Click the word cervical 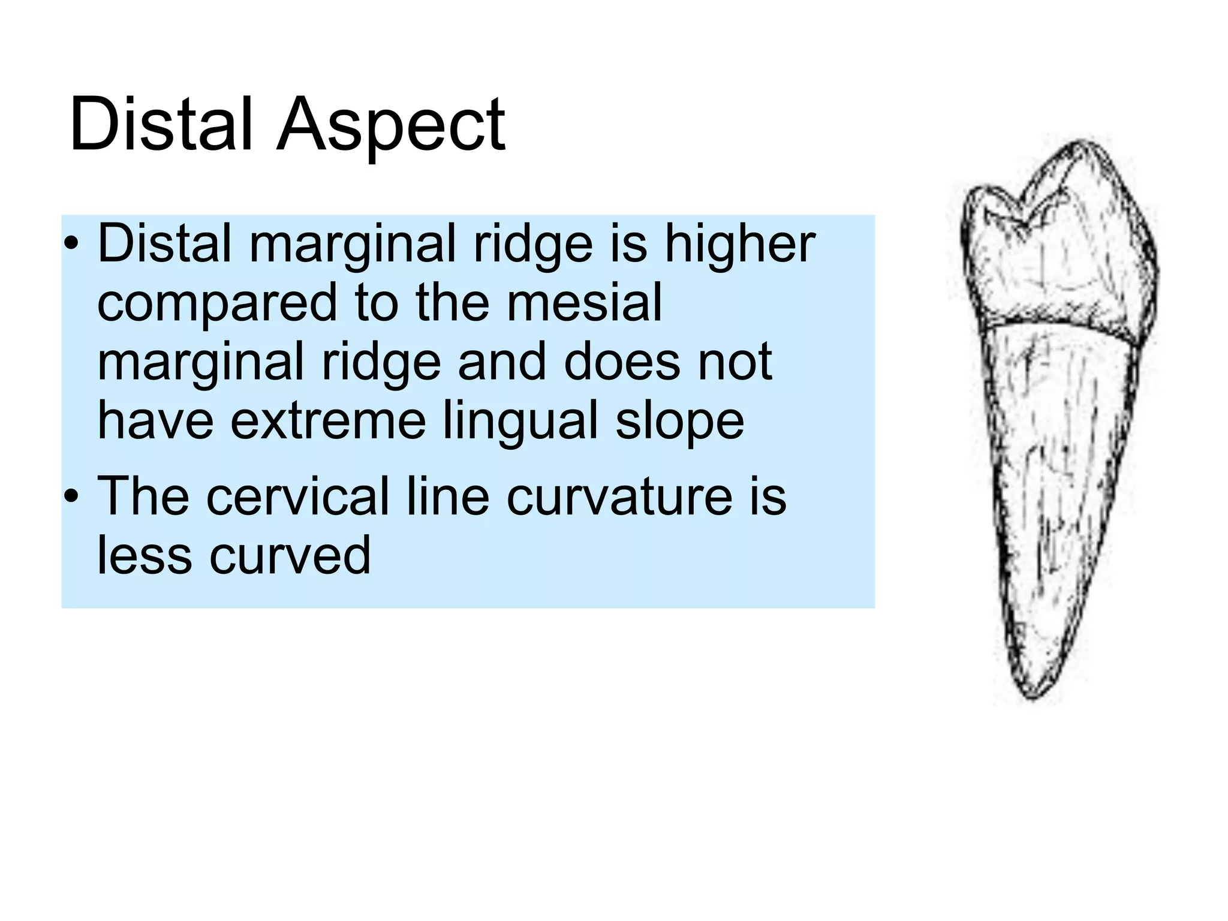(x=298, y=496)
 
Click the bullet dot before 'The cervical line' (x=72, y=496)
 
